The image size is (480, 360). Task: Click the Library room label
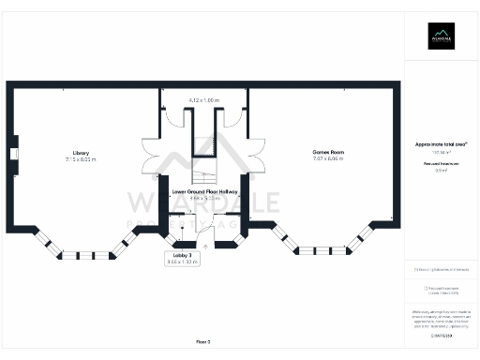(x=80, y=153)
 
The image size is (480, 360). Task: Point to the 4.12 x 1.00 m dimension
(x=203, y=99)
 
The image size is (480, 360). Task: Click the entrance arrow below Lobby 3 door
(x=204, y=247)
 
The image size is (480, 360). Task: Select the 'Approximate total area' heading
(x=441, y=144)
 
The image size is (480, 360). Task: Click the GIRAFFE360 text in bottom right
(x=441, y=334)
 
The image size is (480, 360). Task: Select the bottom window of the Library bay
(x=80, y=255)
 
